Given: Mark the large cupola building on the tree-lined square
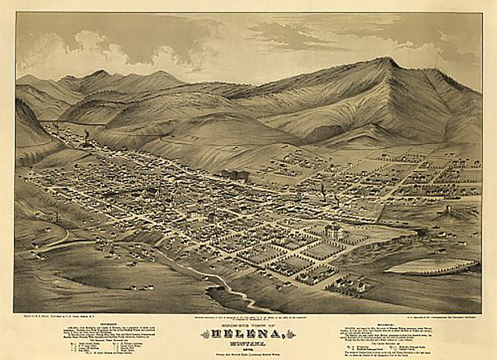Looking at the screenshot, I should click(x=333, y=230).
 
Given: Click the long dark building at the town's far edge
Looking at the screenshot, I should click(x=235, y=174).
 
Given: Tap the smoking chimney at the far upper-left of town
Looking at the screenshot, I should click(x=86, y=135).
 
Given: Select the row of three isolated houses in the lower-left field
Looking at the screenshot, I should click(x=142, y=287).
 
